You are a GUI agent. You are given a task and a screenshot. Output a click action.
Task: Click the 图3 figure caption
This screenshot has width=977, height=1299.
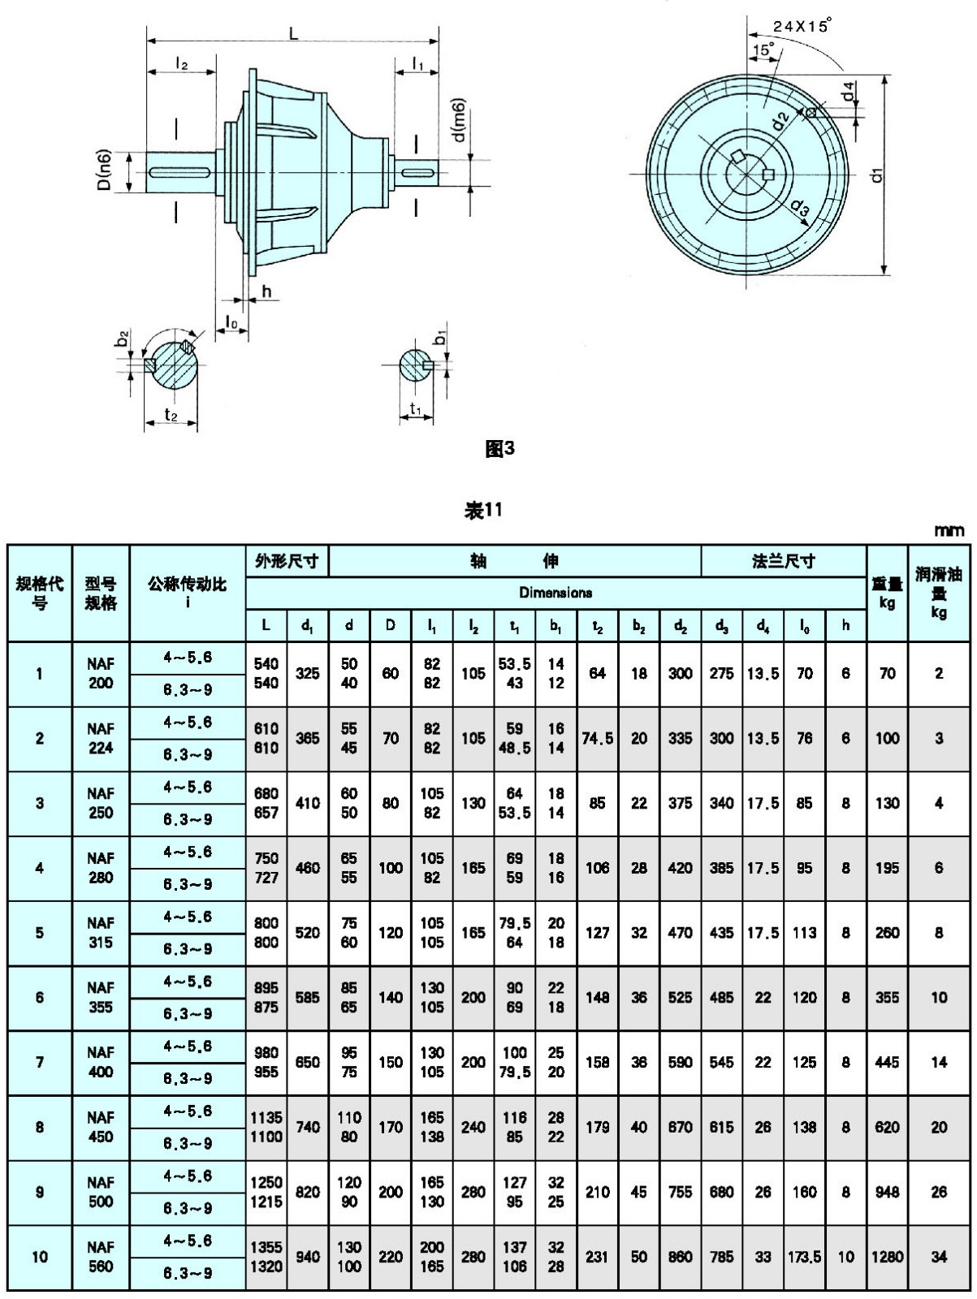(499, 449)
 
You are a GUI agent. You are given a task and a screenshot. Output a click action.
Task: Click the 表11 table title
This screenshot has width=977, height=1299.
(483, 511)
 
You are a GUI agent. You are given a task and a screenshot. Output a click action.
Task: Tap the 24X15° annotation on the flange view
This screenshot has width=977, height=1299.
(802, 27)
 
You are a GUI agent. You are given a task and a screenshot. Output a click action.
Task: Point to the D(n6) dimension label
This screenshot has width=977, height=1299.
(105, 170)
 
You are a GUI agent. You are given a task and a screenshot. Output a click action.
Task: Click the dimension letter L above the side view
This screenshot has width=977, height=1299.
(293, 33)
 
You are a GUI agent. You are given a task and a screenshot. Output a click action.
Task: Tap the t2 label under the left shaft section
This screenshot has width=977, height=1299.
(171, 415)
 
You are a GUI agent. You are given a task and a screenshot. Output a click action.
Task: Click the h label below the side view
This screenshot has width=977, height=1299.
(267, 291)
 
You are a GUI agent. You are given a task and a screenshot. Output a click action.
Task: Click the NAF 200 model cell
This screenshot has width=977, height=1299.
(101, 674)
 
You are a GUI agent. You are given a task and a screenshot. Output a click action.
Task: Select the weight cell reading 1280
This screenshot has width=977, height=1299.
(887, 1257)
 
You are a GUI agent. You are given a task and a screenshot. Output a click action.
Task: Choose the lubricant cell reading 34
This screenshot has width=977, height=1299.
(939, 1257)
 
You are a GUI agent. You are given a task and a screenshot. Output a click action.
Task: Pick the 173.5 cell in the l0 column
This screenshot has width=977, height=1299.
(804, 1257)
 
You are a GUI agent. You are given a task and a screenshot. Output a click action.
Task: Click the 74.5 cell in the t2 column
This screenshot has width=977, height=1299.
(597, 739)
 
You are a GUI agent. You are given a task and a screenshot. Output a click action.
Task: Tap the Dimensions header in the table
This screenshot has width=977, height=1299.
(556, 593)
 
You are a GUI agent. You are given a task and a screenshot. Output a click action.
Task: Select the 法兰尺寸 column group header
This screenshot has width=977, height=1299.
(784, 561)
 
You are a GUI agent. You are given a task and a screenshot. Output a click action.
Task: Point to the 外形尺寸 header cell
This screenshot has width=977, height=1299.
(287, 561)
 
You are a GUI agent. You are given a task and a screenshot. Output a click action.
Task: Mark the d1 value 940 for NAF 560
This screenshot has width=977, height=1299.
(308, 1257)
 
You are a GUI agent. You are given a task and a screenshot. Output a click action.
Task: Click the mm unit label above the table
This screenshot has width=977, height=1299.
(949, 531)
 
